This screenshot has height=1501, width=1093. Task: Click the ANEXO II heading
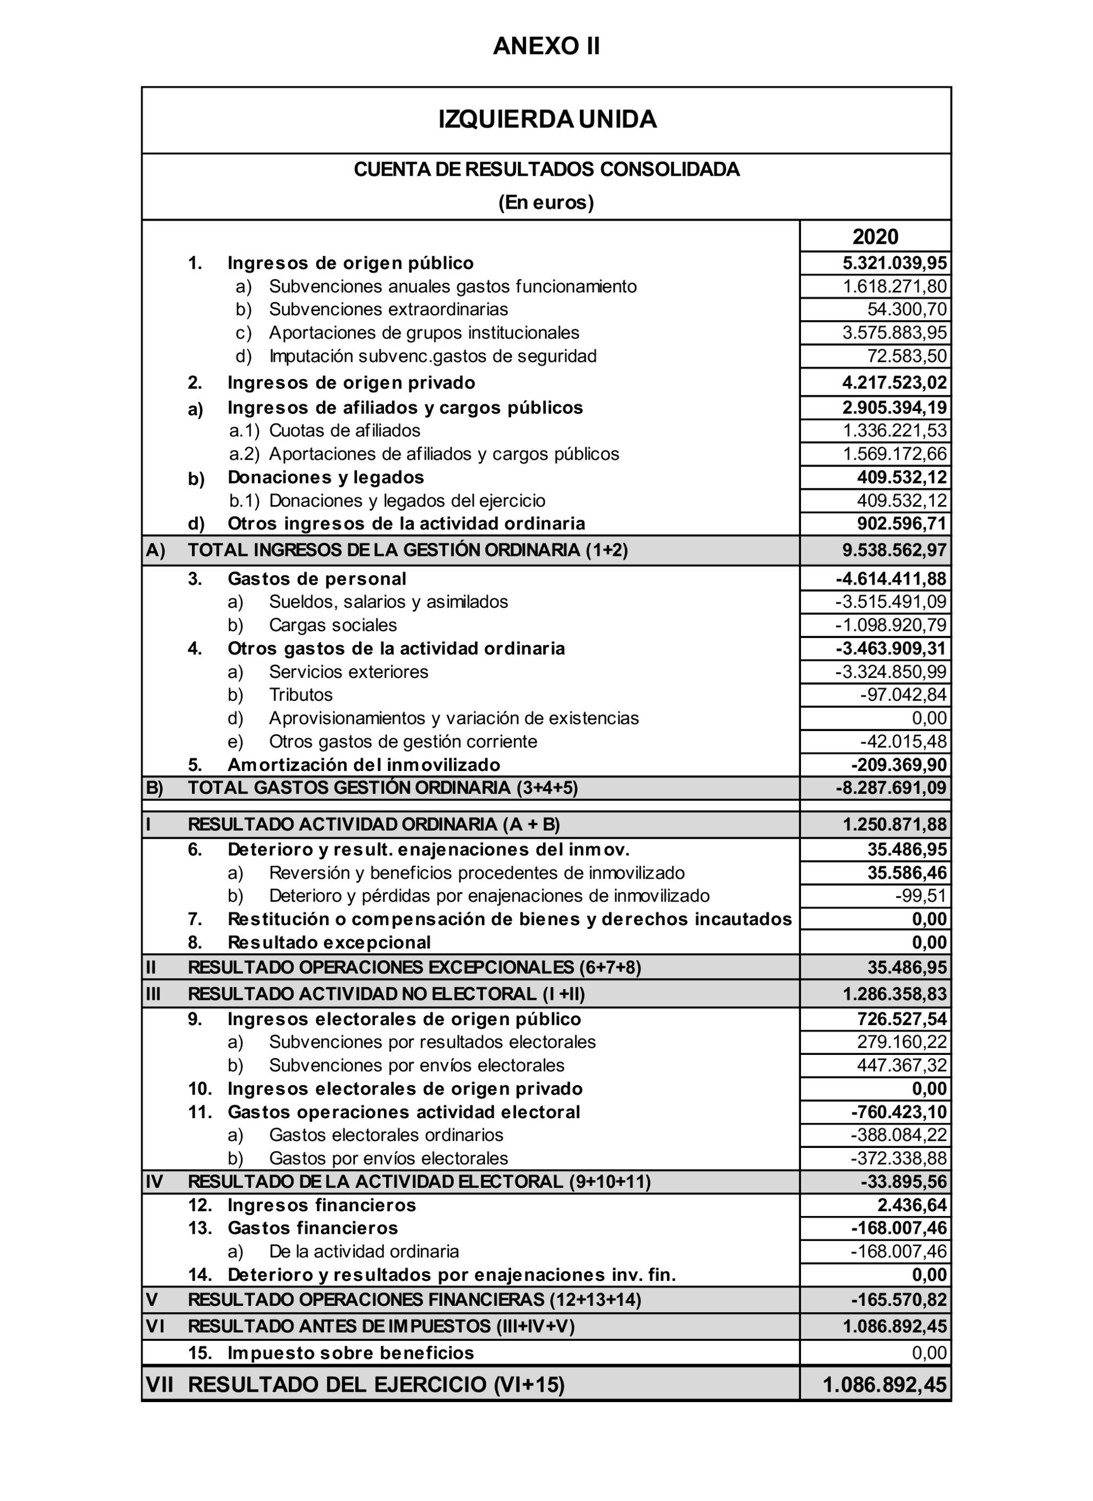546,47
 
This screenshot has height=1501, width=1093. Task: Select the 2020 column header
875,237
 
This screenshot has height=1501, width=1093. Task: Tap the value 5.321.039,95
895,263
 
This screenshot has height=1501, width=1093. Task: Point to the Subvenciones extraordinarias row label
389,310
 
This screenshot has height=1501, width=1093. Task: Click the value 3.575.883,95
895,333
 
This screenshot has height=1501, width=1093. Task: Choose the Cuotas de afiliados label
345,431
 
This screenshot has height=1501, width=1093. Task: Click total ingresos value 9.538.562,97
895,550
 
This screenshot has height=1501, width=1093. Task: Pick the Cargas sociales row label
333,626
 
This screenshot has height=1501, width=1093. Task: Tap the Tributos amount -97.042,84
903,695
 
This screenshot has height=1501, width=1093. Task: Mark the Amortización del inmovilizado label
363,765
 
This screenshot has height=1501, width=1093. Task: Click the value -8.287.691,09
891,788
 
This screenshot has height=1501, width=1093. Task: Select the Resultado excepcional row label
329,942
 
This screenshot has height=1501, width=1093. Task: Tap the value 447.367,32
902,1066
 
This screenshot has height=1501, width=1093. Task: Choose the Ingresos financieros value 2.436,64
912,1205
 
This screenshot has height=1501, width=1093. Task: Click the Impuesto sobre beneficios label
351,1353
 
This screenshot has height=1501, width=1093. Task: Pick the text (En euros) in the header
546,203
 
